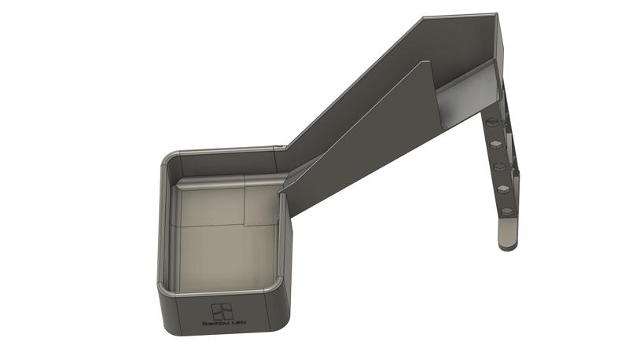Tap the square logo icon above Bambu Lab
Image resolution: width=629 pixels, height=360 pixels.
pos(221,310)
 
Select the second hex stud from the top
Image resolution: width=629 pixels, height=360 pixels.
pos(495,145)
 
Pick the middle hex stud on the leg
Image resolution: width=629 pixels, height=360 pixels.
pos(499,167)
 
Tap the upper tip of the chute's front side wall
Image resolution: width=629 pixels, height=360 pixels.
pos(431,61)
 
